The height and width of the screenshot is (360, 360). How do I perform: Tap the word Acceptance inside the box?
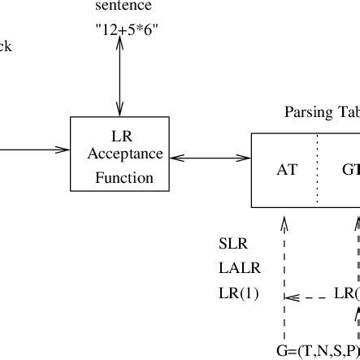119,154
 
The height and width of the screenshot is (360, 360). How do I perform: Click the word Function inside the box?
119,176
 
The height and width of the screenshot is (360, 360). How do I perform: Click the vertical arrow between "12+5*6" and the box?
120,78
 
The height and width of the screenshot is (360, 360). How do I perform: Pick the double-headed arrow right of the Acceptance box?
210,157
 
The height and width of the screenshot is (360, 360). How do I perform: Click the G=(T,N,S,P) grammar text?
318,351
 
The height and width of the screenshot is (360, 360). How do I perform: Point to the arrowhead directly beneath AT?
283,226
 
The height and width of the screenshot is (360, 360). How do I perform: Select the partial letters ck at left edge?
5,46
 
